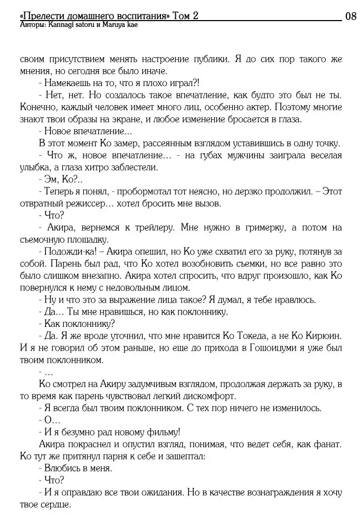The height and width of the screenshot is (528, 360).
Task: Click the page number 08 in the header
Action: coord(350,16)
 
